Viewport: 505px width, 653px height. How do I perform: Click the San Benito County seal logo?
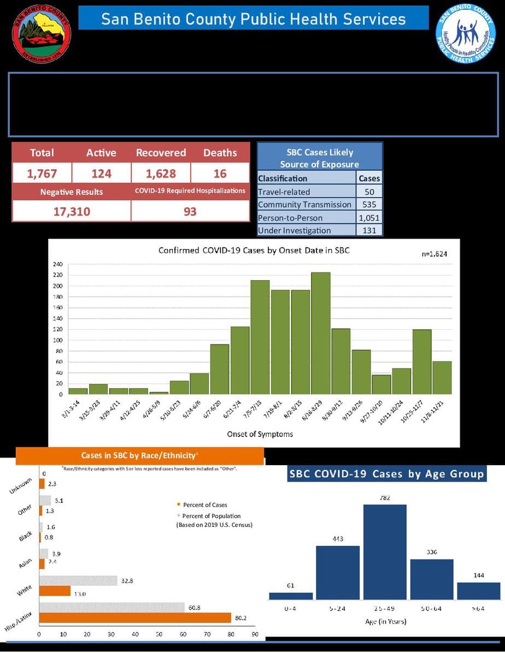click(x=42, y=34)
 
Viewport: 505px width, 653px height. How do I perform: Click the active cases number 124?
click(x=101, y=174)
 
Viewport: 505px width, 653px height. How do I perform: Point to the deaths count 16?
click(x=220, y=174)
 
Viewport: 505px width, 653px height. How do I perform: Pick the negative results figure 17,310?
click(x=71, y=211)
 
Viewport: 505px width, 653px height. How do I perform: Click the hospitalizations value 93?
click(x=190, y=211)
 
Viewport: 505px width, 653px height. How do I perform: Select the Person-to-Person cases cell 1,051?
click(x=369, y=217)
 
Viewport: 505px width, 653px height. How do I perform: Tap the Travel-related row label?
click(x=284, y=192)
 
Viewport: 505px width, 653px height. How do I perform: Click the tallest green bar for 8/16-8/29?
click(x=320, y=333)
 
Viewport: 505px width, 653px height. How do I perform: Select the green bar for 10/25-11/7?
click(x=421, y=361)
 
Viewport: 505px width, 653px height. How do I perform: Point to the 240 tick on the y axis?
click(x=57, y=264)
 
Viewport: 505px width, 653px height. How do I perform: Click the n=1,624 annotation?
click(x=432, y=254)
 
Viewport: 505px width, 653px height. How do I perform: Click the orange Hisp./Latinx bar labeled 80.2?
click(x=135, y=618)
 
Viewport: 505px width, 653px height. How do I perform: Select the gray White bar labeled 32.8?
click(x=78, y=581)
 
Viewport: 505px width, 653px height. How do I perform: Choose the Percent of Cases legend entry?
click(x=202, y=505)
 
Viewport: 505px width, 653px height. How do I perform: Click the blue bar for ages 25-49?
click(x=385, y=552)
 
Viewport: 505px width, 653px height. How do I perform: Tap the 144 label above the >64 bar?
click(x=479, y=575)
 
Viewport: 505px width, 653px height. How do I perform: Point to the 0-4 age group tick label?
click(x=290, y=608)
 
